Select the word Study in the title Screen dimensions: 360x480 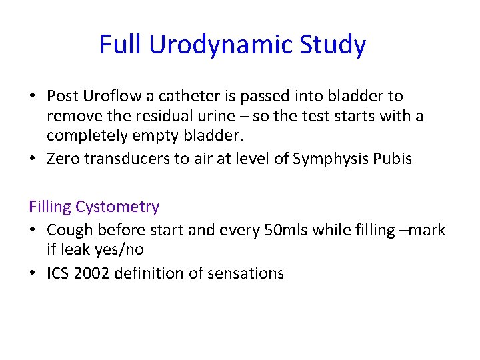(x=333, y=45)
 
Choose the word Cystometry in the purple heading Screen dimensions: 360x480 (x=117, y=207)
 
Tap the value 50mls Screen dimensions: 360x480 (x=282, y=230)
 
